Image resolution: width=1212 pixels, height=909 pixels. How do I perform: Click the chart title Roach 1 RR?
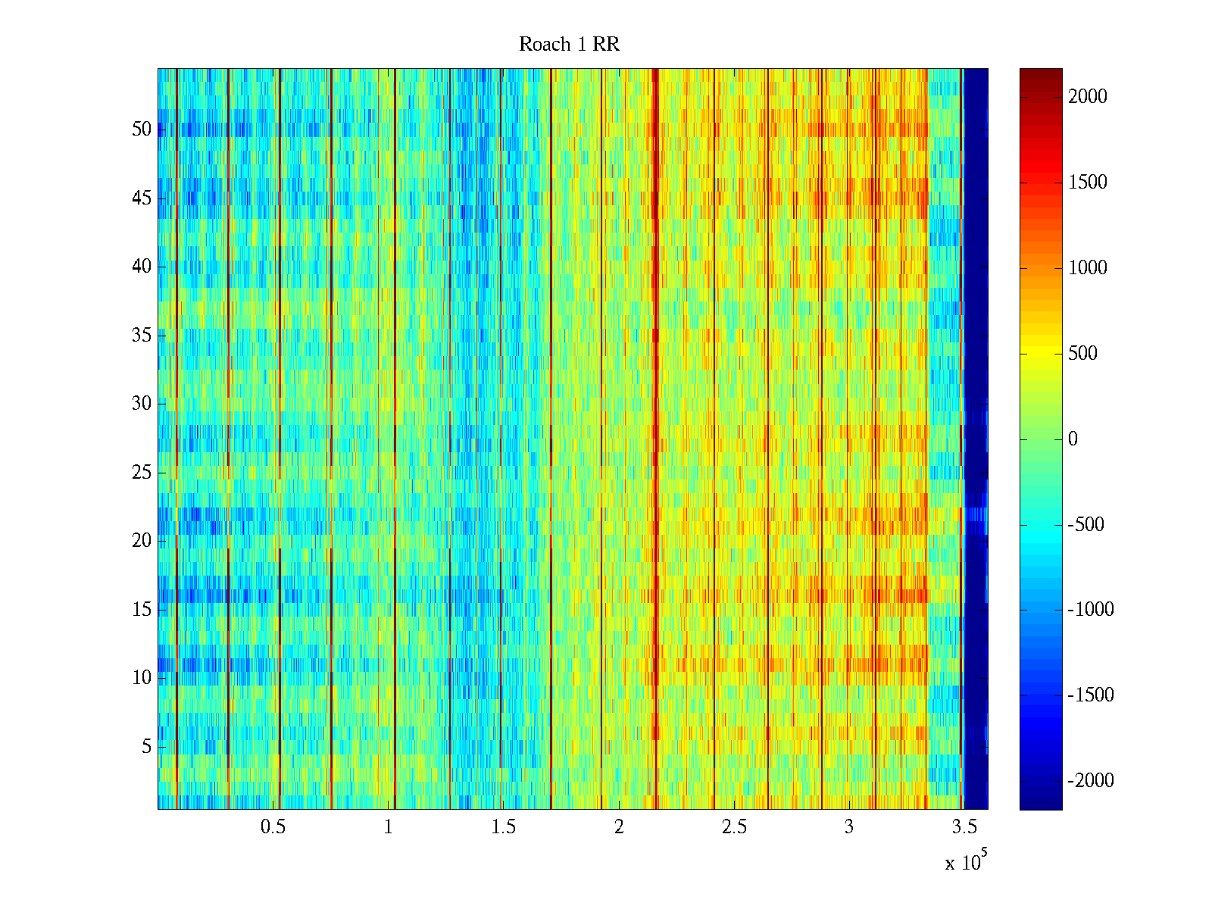click(x=569, y=45)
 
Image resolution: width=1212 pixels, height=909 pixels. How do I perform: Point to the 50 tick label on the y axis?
click(x=142, y=130)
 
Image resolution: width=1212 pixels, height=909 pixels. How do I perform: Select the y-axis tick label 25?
click(x=142, y=473)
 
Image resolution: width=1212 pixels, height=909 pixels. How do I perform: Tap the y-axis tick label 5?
click(x=146, y=747)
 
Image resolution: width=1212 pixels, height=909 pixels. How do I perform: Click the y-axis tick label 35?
click(x=142, y=336)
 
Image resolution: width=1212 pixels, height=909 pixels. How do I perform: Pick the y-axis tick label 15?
click(x=142, y=610)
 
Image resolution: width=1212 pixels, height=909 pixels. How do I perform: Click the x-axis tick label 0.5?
click(x=273, y=827)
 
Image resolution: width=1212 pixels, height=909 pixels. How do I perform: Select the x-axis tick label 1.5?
click(x=504, y=827)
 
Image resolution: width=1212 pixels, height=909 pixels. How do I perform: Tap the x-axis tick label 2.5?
click(x=734, y=827)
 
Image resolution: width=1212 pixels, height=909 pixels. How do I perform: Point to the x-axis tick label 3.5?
click(x=964, y=827)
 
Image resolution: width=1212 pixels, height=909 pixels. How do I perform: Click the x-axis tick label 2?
click(x=619, y=827)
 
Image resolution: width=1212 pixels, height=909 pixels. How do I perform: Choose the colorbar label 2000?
click(x=1088, y=97)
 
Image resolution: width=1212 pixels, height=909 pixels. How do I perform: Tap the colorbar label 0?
click(x=1073, y=439)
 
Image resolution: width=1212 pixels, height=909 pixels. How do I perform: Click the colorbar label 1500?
click(x=1088, y=183)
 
